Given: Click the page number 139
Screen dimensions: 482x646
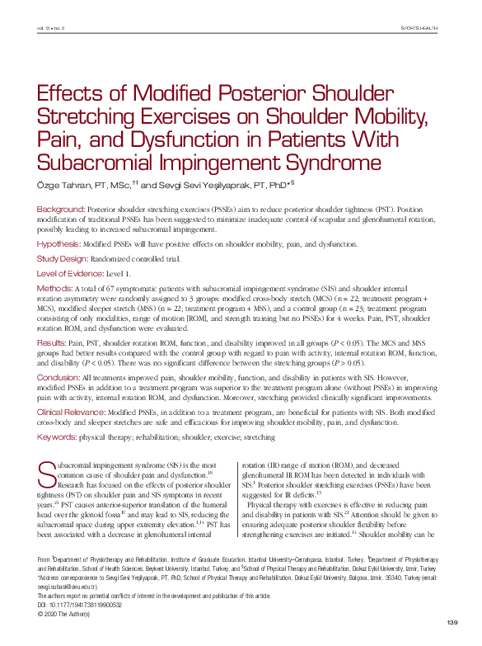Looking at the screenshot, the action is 452,621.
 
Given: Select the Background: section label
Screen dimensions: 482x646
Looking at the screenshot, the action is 60,210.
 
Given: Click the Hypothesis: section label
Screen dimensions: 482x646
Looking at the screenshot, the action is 58,243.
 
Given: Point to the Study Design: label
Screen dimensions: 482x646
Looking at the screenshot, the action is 63,257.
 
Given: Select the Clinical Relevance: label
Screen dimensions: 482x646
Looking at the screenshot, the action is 71,411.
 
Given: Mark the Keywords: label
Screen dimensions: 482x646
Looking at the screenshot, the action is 57,436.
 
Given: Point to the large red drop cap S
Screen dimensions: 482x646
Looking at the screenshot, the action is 47,474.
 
